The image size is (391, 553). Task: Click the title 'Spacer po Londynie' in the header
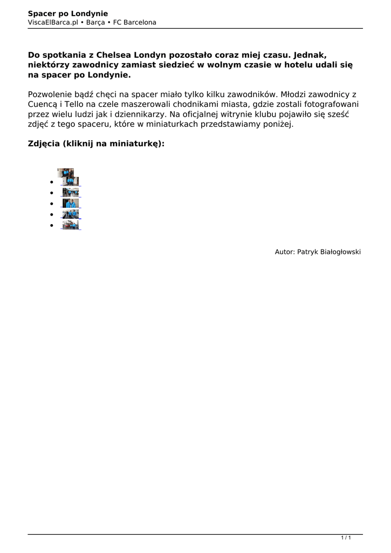(68, 14)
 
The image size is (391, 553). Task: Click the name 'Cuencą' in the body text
(44, 104)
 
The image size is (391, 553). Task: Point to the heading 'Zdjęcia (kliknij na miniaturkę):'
(96, 144)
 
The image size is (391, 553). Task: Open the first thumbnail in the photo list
(69, 177)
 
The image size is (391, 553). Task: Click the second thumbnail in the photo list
(70, 192)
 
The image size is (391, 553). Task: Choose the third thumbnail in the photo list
(70, 203)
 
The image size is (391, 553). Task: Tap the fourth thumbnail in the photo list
(70, 214)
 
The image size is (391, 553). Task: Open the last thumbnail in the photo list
(70, 225)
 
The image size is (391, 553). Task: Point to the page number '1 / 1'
(346, 537)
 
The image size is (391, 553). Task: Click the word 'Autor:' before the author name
(285, 252)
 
